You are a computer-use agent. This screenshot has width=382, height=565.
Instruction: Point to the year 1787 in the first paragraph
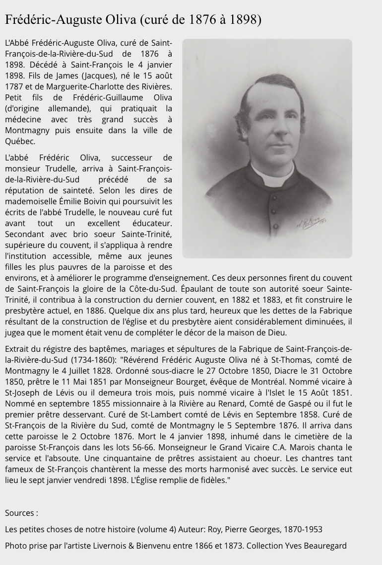pos(14,86)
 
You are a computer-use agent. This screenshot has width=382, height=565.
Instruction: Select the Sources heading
pos(21,513)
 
